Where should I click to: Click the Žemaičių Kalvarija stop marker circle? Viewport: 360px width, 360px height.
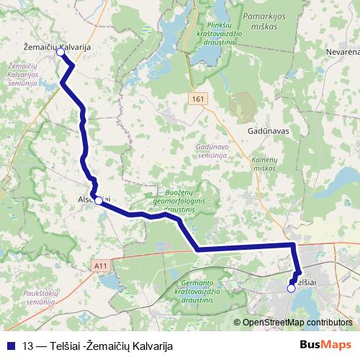[60, 52]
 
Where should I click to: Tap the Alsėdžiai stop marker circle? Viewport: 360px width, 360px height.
[99, 201]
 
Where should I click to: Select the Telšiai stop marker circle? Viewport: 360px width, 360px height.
[291, 288]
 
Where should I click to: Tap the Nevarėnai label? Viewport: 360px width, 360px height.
[342, 53]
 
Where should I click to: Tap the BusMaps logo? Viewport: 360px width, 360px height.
[325, 344]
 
